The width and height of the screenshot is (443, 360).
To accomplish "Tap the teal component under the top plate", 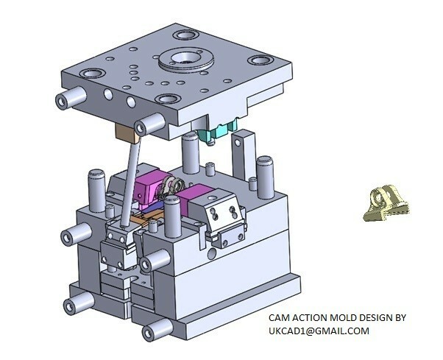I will (215, 133).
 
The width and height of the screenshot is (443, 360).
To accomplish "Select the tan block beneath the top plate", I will (128, 133).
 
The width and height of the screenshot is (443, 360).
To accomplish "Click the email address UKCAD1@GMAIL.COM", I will (318, 331).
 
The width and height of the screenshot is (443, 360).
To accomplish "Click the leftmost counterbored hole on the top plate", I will (94, 73).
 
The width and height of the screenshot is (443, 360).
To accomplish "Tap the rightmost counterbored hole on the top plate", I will (258, 60).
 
